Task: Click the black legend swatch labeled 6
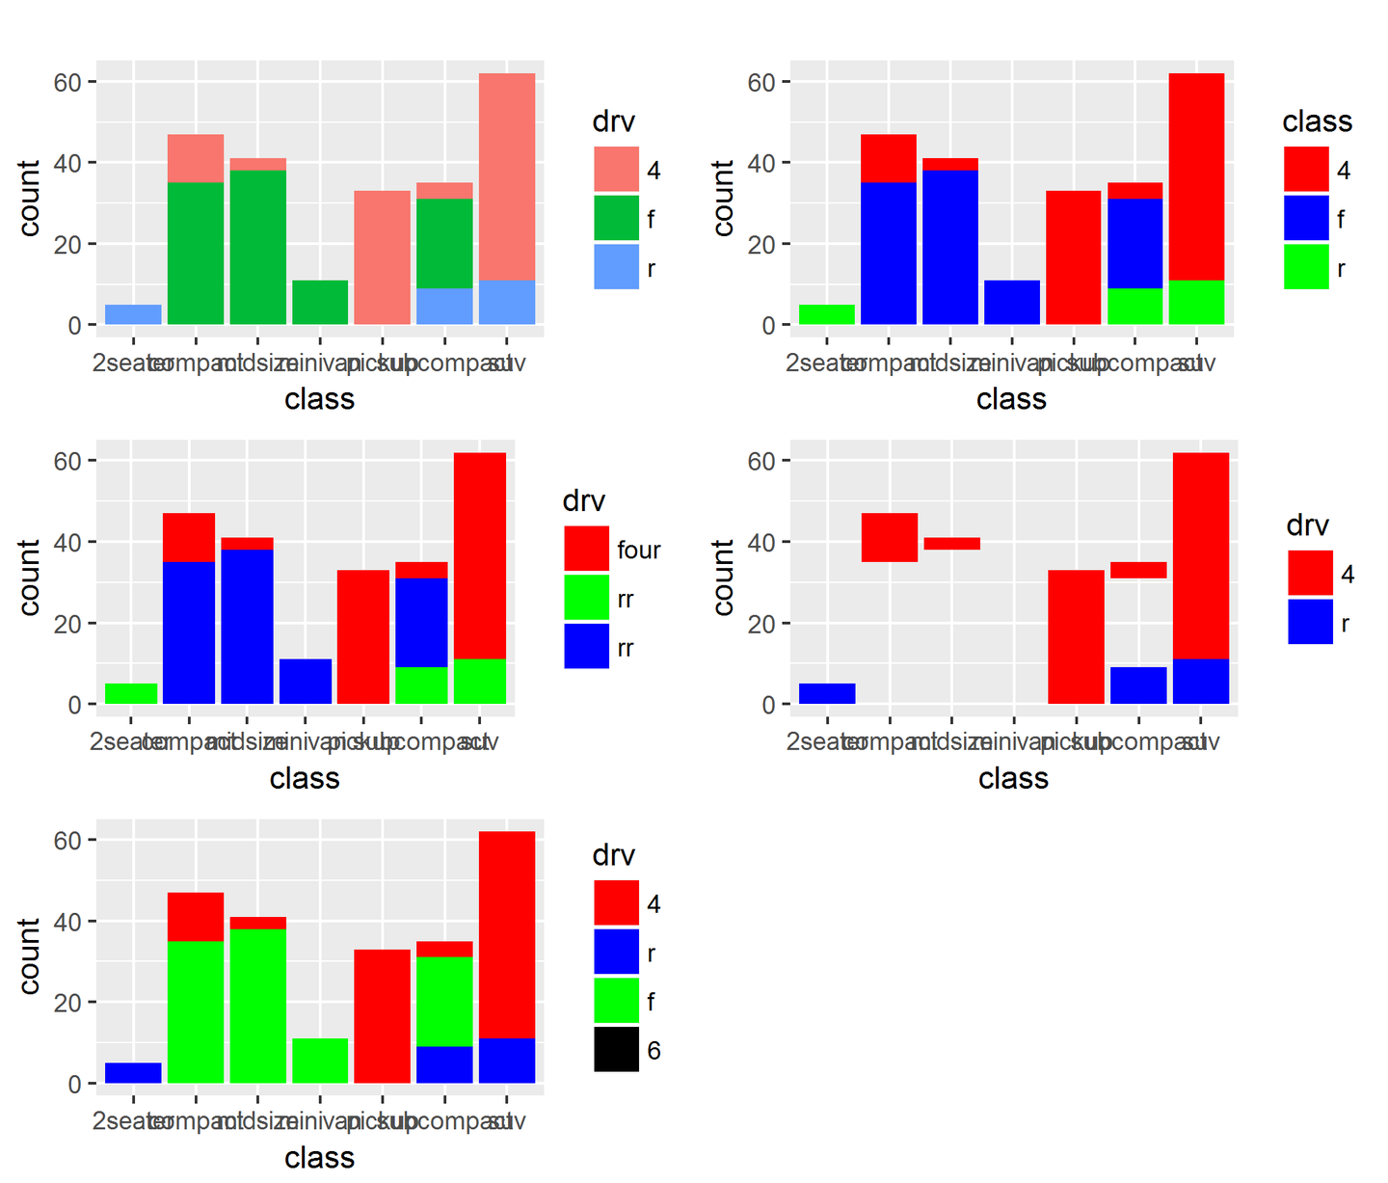tap(616, 1049)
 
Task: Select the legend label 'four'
tap(638, 551)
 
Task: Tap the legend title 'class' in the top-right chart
tap(1317, 121)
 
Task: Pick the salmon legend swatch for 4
tap(616, 170)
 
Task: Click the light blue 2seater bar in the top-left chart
tap(133, 314)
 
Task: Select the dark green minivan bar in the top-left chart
tap(320, 302)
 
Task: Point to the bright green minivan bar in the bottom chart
tap(320, 1061)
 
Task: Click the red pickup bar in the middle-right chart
tap(1076, 636)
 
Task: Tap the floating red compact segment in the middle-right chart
tap(889, 537)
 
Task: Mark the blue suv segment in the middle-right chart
tap(1200, 681)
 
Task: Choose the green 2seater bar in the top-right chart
tap(826, 314)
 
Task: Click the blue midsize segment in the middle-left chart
tap(247, 626)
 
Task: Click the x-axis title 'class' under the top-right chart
tap(1011, 399)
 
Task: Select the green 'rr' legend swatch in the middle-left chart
tap(586, 598)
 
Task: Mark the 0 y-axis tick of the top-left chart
tap(74, 326)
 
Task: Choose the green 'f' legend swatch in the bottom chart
tap(616, 1001)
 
